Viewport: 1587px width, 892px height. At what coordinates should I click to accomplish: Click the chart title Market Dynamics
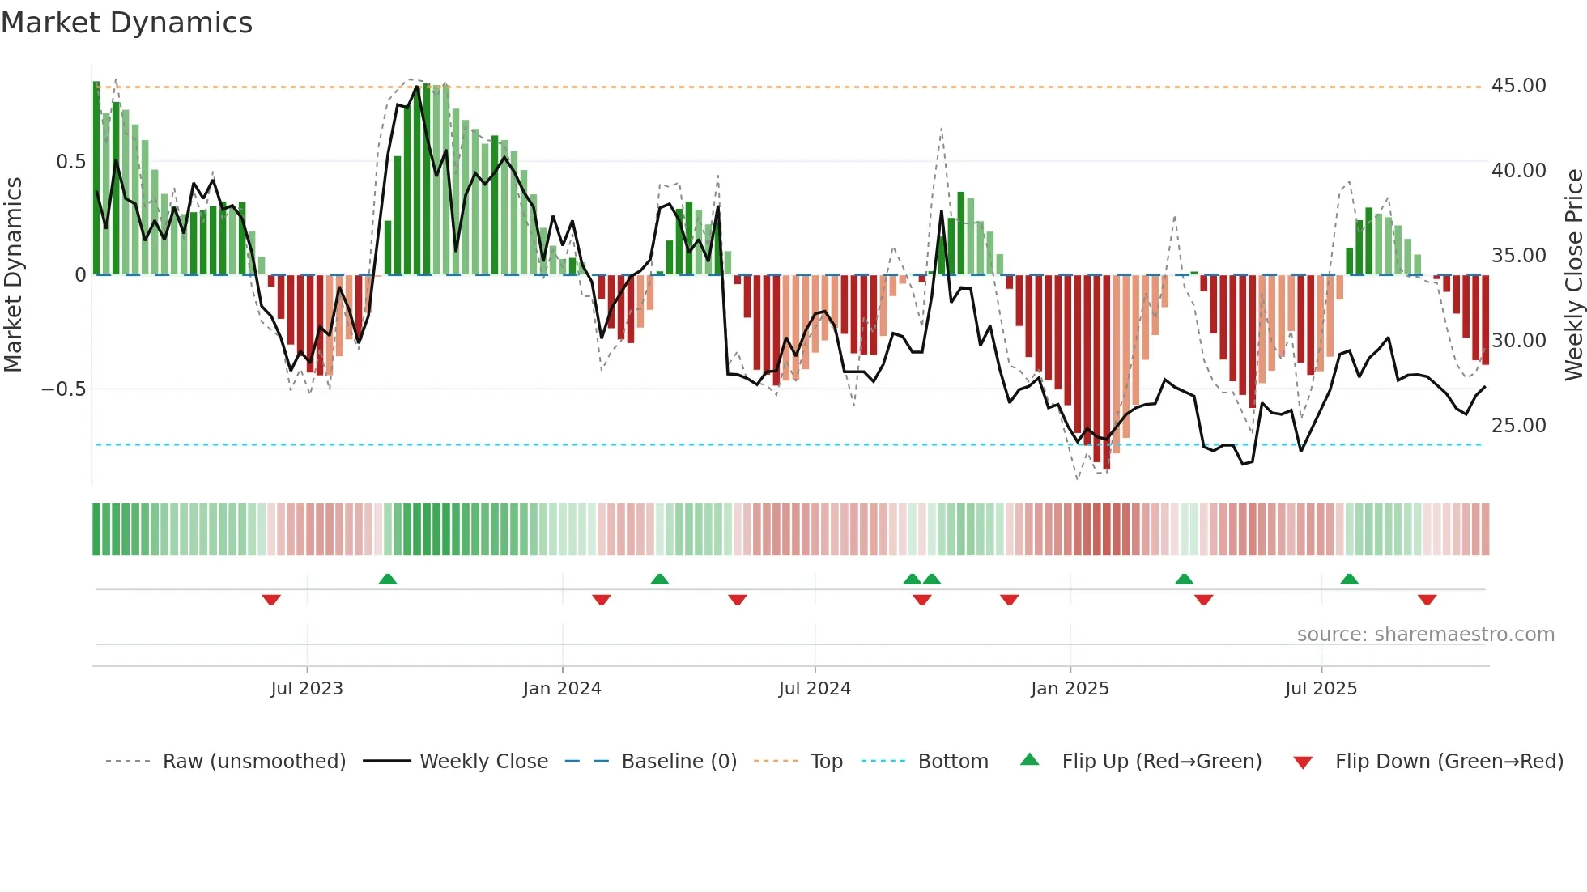[126, 23]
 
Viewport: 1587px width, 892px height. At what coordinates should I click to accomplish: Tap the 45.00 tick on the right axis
[1518, 86]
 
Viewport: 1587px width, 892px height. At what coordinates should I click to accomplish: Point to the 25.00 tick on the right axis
[1518, 426]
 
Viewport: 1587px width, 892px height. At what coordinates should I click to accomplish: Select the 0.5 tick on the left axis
[70, 162]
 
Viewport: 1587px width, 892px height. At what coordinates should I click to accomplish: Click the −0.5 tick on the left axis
[63, 389]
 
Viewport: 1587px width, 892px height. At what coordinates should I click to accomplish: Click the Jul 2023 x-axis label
[307, 689]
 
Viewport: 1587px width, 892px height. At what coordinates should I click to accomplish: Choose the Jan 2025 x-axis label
[1070, 689]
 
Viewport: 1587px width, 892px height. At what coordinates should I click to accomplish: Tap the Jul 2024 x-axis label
[815, 689]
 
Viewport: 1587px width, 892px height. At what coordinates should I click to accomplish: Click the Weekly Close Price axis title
[1573, 275]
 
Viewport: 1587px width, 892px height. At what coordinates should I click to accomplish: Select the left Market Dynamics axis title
[13, 275]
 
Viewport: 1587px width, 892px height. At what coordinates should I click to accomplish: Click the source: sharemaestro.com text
[1425, 635]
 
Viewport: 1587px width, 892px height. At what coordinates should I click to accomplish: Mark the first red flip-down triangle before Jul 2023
[271, 600]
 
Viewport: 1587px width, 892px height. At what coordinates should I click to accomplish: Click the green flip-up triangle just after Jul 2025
[1349, 579]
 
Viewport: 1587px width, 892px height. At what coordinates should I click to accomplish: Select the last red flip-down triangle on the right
[1427, 600]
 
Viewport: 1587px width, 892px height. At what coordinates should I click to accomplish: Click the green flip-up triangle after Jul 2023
[388, 579]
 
